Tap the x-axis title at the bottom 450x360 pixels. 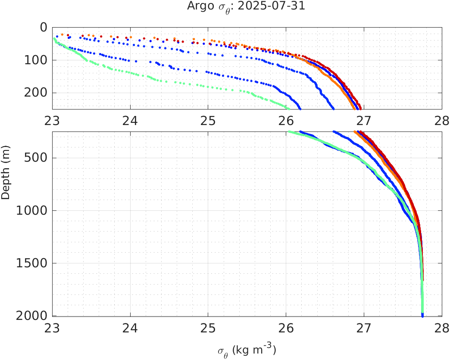click(247, 350)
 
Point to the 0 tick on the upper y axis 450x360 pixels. click(43, 28)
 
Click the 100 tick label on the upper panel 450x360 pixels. click(36, 60)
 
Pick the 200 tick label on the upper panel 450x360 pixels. click(36, 93)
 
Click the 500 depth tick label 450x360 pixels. click(36, 158)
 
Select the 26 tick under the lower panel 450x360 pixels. click(286, 327)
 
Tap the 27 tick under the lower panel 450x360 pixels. click(364, 327)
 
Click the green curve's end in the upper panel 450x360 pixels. click(289, 108)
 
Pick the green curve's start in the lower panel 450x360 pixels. click(289, 132)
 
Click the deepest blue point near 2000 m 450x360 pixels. click(422, 316)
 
